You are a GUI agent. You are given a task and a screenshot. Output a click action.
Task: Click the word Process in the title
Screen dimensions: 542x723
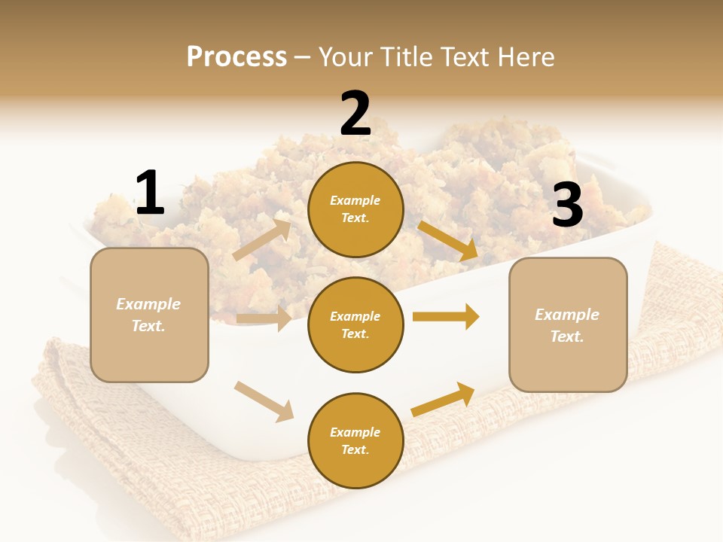click(236, 57)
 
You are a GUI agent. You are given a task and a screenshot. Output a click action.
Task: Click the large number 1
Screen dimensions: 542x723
click(150, 193)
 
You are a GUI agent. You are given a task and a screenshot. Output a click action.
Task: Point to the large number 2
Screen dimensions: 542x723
click(355, 114)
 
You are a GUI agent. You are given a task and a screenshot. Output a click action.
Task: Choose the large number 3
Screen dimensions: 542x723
click(567, 206)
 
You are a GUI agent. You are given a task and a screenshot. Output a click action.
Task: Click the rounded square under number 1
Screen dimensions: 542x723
click(149, 315)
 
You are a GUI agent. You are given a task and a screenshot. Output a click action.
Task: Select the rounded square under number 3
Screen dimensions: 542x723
click(568, 324)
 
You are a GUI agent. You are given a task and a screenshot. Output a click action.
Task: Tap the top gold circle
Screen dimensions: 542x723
click(355, 209)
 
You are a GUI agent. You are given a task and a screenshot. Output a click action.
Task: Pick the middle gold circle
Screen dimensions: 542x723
click(355, 324)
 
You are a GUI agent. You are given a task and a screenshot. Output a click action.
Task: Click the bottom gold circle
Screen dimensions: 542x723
click(355, 440)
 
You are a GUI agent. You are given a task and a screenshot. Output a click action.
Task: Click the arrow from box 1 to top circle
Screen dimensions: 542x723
click(262, 240)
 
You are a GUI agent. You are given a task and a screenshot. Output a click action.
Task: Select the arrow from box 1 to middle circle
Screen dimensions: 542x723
click(264, 318)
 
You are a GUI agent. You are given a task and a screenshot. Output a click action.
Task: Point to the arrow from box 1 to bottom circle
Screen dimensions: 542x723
click(264, 401)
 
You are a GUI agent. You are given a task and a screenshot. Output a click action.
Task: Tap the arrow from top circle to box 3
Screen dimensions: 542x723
click(447, 240)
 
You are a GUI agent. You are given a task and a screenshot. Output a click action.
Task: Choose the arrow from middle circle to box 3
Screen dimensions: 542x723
click(446, 317)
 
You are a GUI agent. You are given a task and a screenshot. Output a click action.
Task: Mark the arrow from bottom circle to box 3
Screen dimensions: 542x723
click(444, 398)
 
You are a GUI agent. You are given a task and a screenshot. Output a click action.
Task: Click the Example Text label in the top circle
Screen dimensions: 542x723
click(355, 209)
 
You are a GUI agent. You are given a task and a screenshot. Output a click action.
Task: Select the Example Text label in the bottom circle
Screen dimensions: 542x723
click(355, 440)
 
